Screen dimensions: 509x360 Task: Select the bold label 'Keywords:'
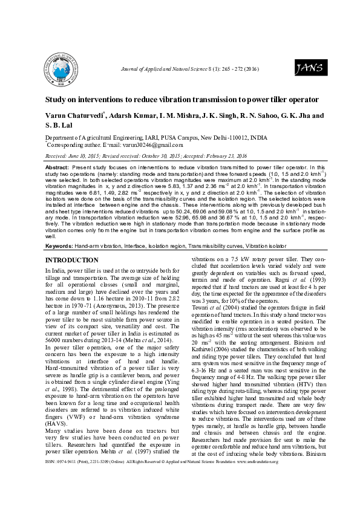(x=61, y=246)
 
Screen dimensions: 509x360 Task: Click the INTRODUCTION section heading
(x=72, y=260)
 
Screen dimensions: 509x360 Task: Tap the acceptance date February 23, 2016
(x=228, y=155)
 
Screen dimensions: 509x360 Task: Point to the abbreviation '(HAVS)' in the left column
(x=56, y=423)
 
